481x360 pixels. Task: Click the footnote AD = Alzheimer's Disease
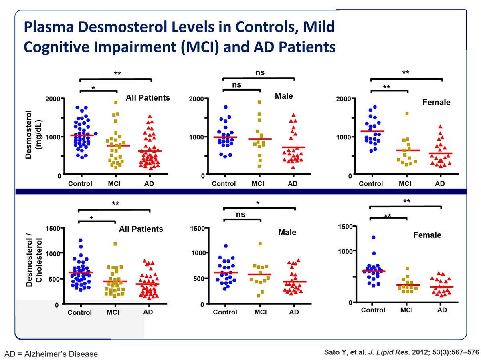(51, 354)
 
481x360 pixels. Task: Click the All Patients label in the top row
(148, 97)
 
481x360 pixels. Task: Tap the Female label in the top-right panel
(436, 102)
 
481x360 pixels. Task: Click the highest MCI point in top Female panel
(407, 114)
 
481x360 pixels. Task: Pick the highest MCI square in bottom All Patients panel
(115, 244)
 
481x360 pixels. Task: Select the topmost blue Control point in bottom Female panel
(374, 237)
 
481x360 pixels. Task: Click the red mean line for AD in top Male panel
(293, 147)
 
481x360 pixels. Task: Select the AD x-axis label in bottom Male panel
(293, 312)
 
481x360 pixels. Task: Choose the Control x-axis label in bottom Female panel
(373, 310)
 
